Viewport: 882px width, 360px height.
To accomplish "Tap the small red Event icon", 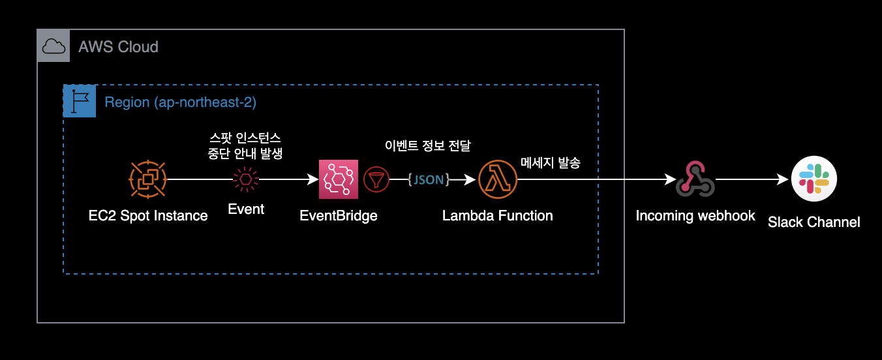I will pyautogui.click(x=246, y=179).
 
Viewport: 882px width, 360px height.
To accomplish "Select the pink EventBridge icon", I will pyautogui.click(x=339, y=179).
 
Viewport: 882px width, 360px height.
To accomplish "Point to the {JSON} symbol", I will pyautogui.click(x=429, y=179).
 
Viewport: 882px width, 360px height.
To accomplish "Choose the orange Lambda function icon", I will pyautogui.click(x=497, y=179).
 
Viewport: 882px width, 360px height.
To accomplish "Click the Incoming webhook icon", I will pyautogui.click(x=695, y=179).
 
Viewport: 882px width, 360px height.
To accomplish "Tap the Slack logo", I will pyautogui.click(x=814, y=179).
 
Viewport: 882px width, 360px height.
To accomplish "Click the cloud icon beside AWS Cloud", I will pyautogui.click(x=53, y=46).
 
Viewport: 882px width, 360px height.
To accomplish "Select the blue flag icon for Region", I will pyautogui.click(x=80, y=101).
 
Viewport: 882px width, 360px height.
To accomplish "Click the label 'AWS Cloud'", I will pyautogui.click(x=118, y=47).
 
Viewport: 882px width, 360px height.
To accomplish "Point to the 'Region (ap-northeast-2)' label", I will pyautogui.click(x=180, y=102).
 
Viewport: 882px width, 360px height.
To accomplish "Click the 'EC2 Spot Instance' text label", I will pyautogui.click(x=148, y=216).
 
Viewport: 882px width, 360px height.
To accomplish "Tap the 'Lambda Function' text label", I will pyautogui.click(x=497, y=216).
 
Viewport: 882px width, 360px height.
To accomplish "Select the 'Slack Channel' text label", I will pyautogui.click(x=814, y=222).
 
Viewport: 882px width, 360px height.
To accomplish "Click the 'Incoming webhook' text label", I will pyautogui.click(x=695, y=216).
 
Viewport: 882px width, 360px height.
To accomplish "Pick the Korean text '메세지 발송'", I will pyautogui.click(x=550, y=162).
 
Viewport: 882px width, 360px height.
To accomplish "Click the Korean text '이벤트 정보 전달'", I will pyautogui.click(x=427, y=145).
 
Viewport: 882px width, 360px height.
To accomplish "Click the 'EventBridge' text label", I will pyautogui.click(x=338, y=216).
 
